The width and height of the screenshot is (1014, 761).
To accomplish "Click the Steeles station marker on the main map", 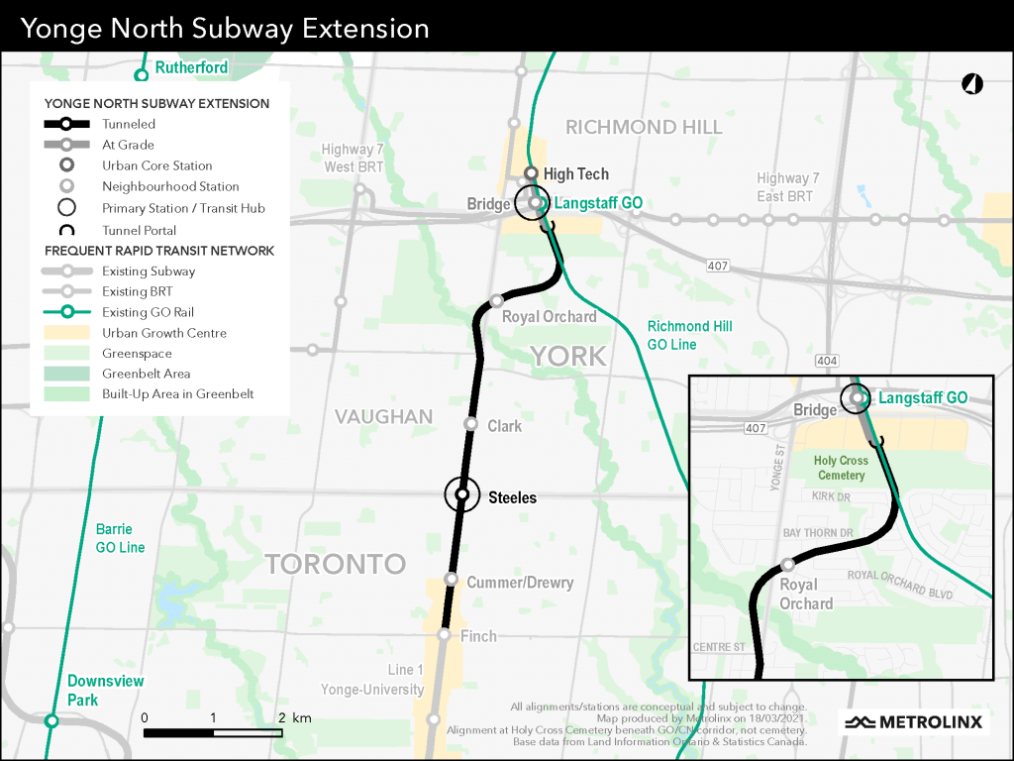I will (x=461, y=492).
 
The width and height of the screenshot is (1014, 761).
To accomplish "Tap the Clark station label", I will (x=504, y=426).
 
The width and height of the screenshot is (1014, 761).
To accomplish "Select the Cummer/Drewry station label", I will (x=520, y=583).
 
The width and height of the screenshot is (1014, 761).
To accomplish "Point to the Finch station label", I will (x=478, y=636).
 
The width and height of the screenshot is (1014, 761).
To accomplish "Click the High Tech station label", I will (x=576, y=174).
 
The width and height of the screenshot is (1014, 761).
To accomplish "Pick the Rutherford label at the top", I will (x=191, y=67).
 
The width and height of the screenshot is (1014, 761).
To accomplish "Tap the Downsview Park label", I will (x=105, y=691).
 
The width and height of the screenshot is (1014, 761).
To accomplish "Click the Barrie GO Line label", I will (x=120, y=538).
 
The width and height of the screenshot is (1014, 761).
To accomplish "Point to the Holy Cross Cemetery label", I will (x=841, y=468).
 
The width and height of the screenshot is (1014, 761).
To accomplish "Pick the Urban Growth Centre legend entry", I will (x=163, y=333).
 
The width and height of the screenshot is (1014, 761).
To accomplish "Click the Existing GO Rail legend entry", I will (x=148, y=312).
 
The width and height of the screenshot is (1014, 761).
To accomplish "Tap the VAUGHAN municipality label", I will (x=383, y=417).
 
